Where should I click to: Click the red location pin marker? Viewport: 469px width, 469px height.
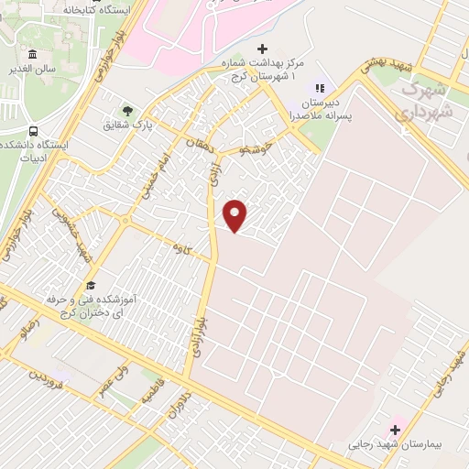(x=236, y=215)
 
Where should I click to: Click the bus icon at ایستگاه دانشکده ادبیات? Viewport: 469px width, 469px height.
(x=34, y=130)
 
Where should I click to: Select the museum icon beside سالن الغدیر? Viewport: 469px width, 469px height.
(x=34, y=54)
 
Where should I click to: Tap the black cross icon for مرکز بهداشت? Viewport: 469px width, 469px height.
(x=263, y=49)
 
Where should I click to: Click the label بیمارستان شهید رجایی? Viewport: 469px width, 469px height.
(x=395, y=445)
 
